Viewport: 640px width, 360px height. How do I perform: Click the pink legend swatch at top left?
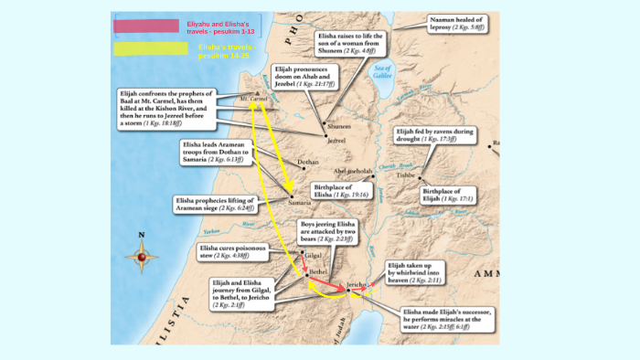154,26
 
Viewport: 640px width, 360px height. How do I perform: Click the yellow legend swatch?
154,48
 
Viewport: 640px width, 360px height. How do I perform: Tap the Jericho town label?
357,285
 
